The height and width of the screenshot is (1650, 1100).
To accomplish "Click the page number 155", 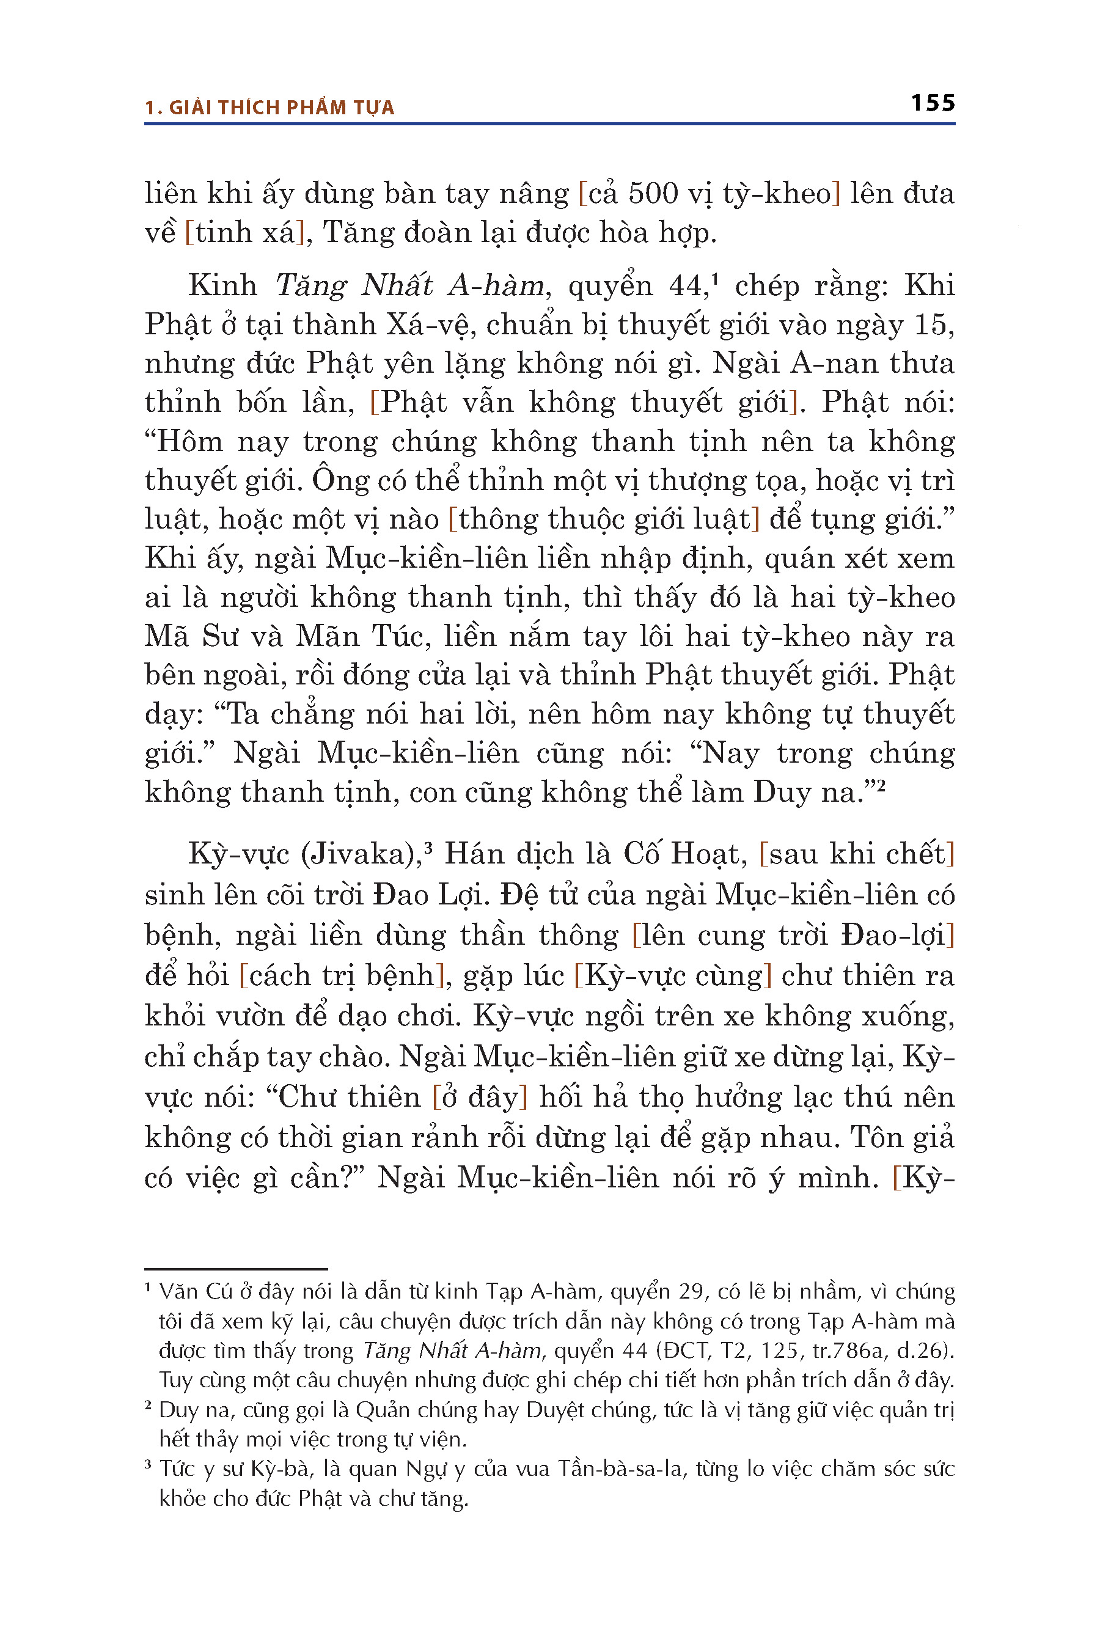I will (x=933, y=103).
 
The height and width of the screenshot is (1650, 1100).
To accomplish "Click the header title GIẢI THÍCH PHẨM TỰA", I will (x=281, y=108).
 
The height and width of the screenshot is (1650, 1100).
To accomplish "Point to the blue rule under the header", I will (x=549, y=124).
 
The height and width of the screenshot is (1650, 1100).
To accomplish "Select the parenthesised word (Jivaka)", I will (x=359, y=854).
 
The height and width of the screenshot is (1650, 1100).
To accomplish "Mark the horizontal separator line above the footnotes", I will (x=236, y=1269).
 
